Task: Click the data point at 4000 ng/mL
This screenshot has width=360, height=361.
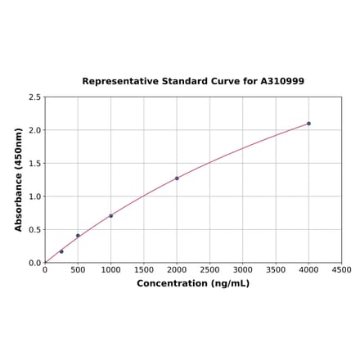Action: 308,124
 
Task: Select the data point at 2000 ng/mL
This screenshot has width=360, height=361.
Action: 177,178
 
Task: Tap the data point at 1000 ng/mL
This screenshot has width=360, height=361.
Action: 110,216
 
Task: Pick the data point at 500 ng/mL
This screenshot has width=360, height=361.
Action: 78,236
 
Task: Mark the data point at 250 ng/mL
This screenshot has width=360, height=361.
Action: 61,251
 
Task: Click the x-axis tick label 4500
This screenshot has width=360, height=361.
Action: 341,269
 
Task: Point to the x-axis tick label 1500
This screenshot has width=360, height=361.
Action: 143,269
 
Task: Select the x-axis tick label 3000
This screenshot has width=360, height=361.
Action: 242,269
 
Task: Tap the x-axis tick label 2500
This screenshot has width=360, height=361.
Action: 209,269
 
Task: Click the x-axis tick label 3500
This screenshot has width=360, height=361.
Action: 276,269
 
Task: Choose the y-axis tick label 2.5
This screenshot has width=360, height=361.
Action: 35,97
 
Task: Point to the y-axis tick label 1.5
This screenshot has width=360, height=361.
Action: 35,163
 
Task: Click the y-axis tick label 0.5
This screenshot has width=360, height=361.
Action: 35,229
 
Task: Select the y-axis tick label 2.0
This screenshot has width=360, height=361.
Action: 35,130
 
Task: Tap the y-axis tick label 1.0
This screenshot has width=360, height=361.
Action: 35,196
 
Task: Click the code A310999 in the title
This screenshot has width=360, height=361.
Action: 282,82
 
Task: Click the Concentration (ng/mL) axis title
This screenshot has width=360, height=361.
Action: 193,283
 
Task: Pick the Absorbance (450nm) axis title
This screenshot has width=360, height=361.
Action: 19,179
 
